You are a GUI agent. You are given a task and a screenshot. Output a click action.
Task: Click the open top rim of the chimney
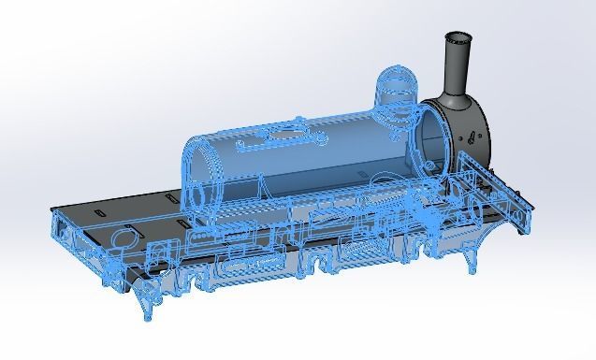tap(458, 38)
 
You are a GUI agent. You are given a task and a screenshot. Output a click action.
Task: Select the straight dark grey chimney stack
tap(458, 65)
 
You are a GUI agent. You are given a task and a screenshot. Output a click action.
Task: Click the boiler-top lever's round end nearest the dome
tap(321, 138)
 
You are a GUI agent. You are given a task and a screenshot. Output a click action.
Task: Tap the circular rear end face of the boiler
tap(198, 178)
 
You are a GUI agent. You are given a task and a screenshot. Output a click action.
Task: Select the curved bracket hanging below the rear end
tap(146, 301)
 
